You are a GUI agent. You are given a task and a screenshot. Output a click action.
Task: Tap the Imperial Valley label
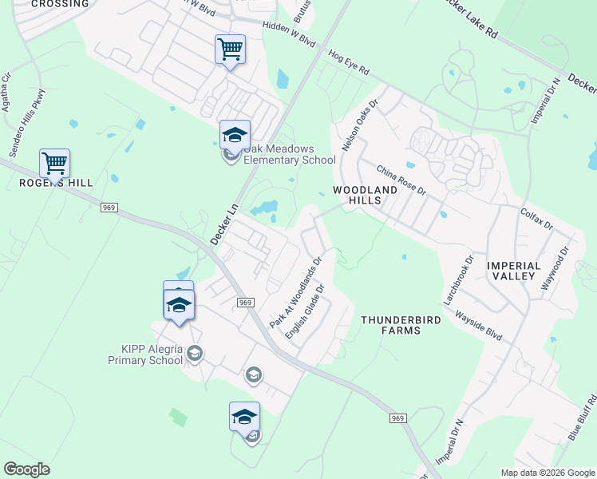point(514,270)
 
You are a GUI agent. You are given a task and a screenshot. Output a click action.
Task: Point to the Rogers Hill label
point(57,183)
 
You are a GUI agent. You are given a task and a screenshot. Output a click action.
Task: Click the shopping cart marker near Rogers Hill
point(54,164)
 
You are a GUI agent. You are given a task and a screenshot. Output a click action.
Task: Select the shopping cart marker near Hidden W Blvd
point(230,49)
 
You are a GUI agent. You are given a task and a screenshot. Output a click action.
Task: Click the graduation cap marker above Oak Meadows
point(235,135)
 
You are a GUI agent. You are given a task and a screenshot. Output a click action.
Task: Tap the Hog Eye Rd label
point(349,63)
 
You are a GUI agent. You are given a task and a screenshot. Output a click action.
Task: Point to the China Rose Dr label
point(401,181)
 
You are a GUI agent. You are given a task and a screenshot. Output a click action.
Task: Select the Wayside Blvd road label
point(478,325)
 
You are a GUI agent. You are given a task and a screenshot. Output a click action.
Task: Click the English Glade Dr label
point(306,311)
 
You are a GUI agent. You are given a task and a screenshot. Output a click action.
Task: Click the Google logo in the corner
point(27,469)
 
